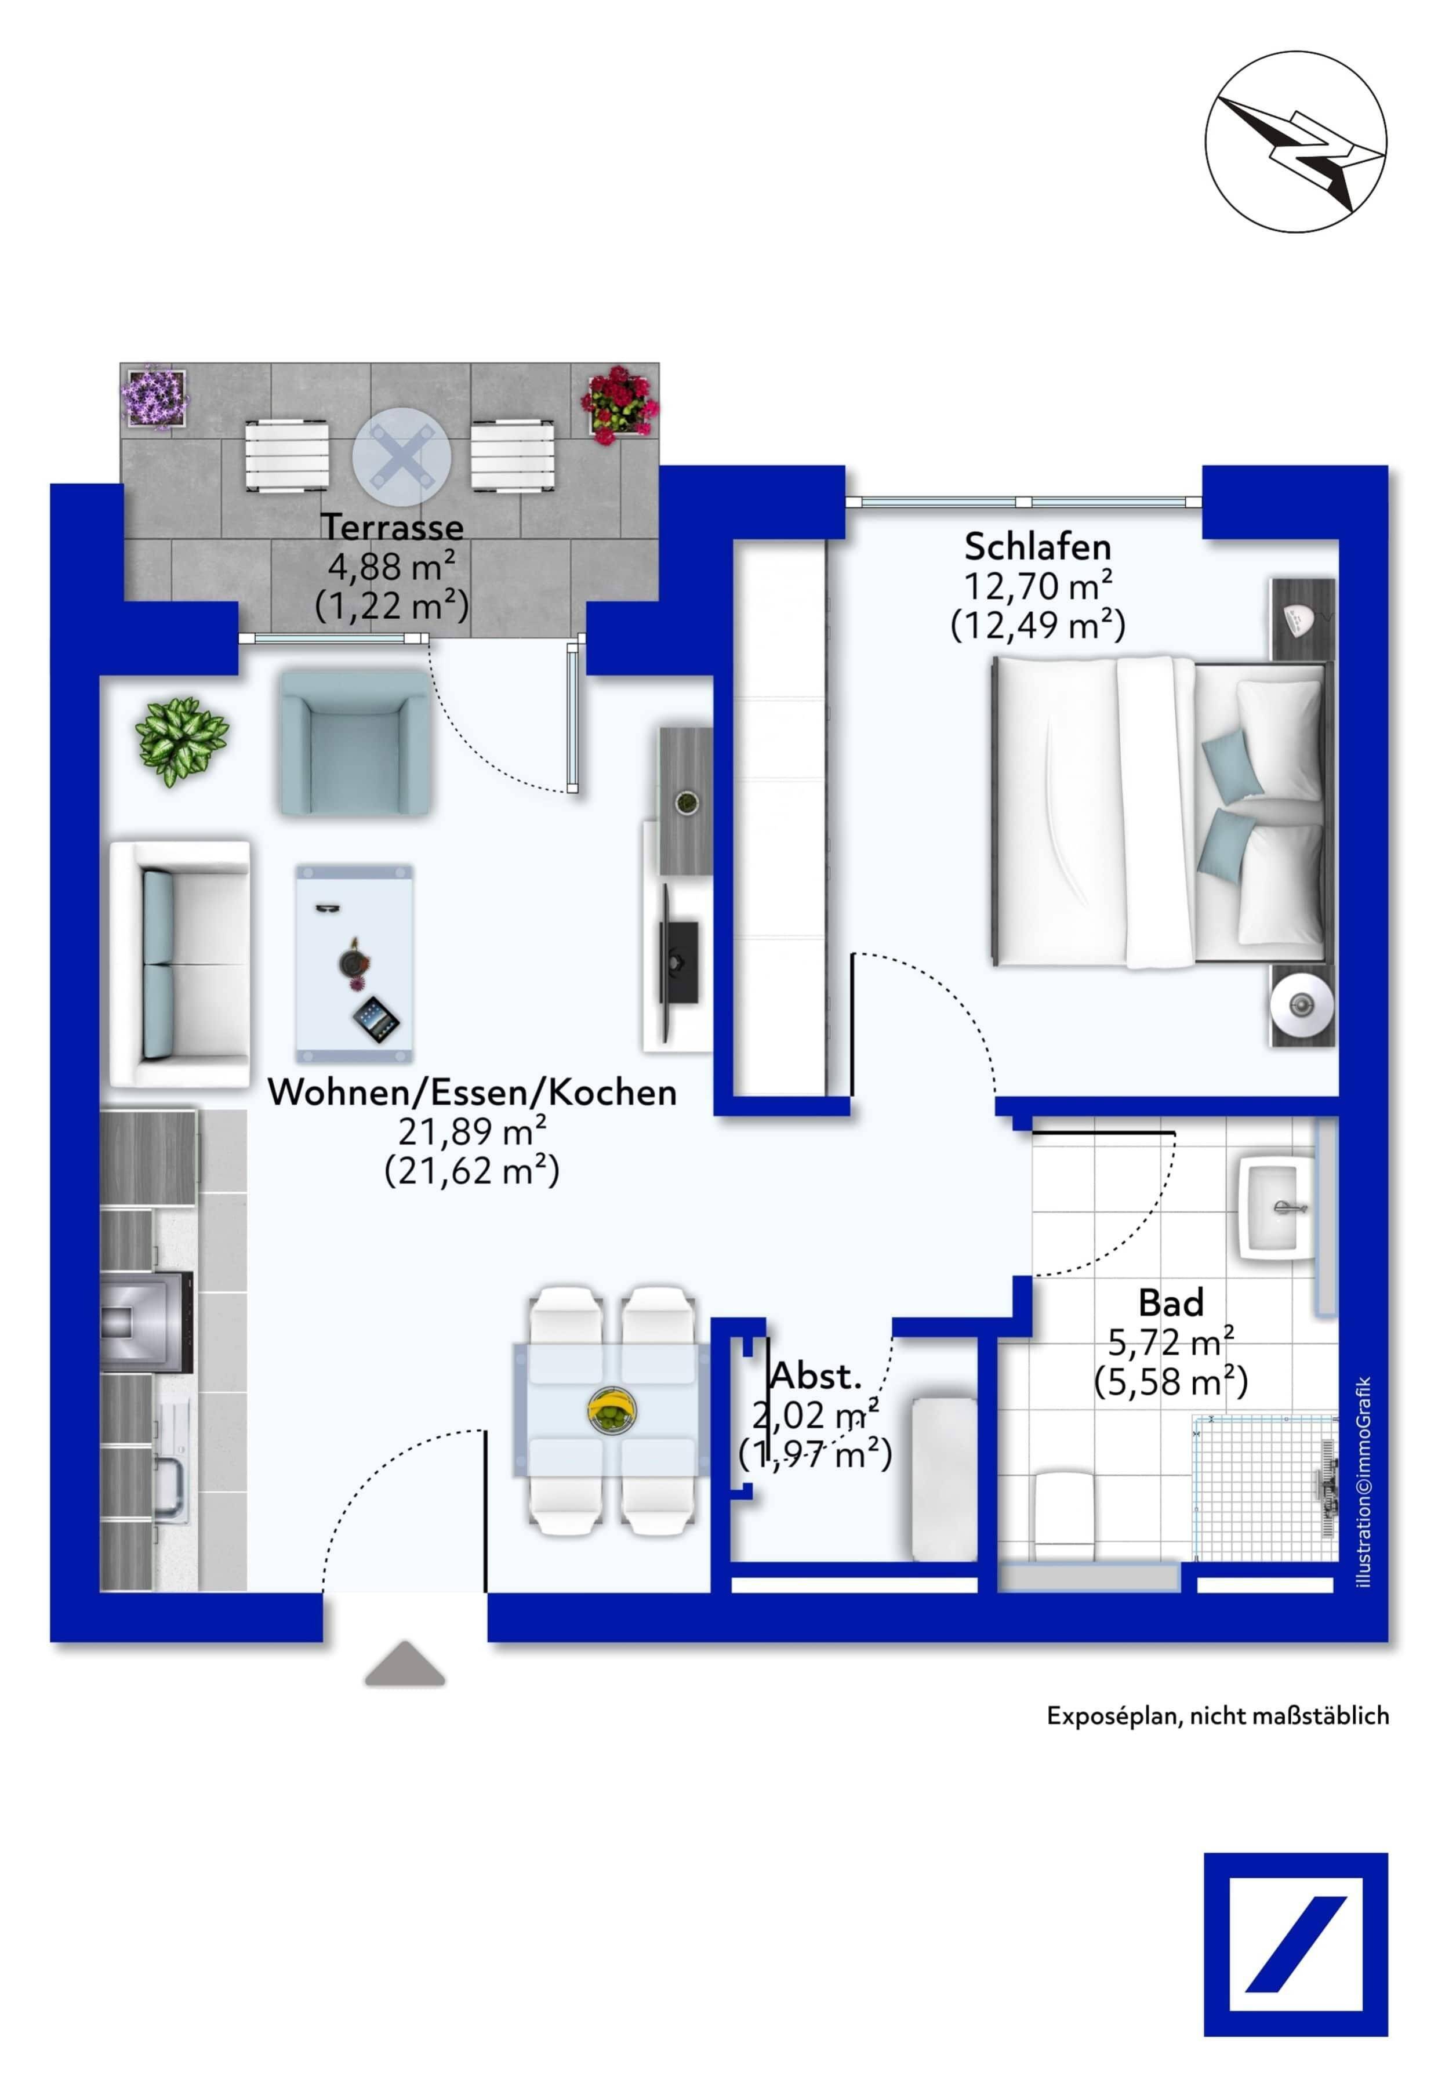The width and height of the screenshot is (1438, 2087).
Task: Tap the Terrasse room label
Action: click(393, 527)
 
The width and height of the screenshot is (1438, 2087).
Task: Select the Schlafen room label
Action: click(1037, 546)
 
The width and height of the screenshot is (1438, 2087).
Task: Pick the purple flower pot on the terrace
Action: click(154, 397)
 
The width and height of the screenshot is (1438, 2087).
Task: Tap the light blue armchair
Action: click(355, 742)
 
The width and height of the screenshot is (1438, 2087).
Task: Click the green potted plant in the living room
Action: click(182, 741)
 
